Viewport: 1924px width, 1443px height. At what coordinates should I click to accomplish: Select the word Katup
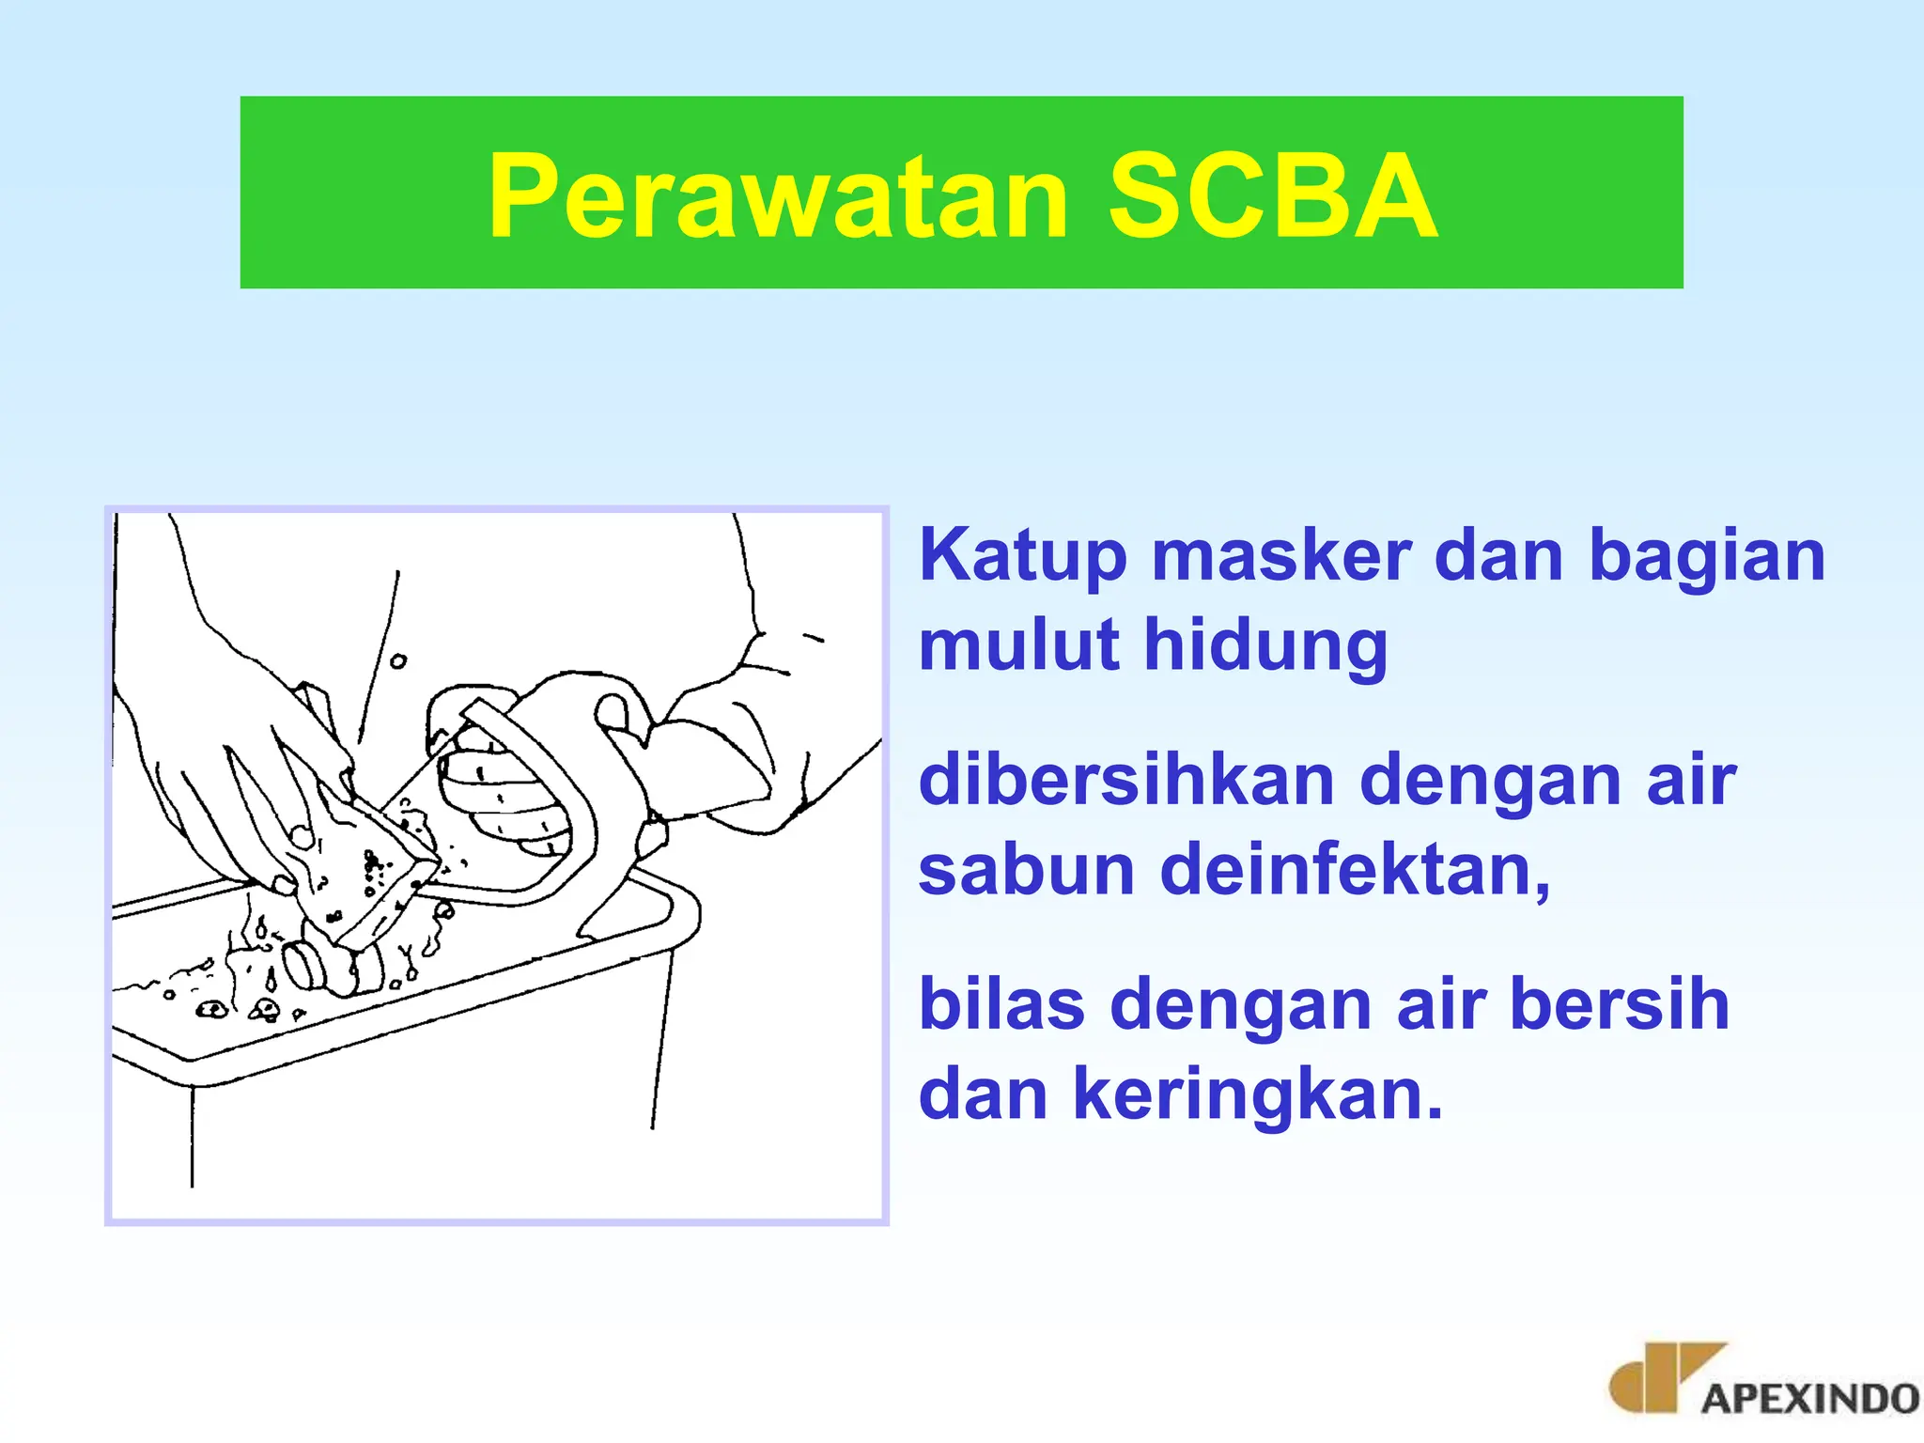(x=1021, y=556)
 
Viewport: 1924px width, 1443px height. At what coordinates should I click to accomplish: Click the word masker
(x=1281, y=556)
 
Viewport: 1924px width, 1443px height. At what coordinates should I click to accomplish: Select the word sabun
(x=1026, y=870)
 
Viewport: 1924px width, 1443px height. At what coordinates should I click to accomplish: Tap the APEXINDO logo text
(x=1809, y=1398)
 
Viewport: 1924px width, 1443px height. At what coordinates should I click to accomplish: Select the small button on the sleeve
(x=398, y=661)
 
